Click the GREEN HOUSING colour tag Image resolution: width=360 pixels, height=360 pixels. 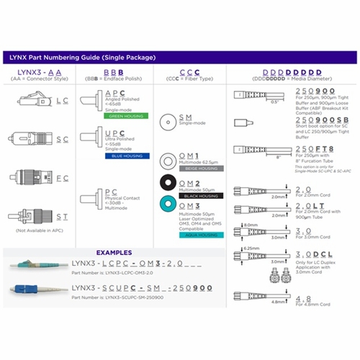point(125,115)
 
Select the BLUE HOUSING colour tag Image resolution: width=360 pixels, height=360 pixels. point(125,155)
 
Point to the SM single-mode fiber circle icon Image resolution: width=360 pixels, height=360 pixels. point(167,120)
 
